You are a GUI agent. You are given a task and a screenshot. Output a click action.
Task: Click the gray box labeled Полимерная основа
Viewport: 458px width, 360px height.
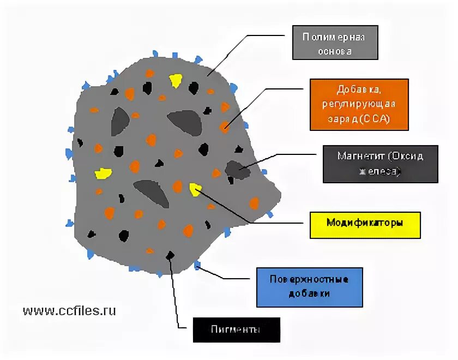click(x=335, y=43)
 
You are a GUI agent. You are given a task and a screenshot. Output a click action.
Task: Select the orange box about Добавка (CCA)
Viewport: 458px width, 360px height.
click(x=359, y=105)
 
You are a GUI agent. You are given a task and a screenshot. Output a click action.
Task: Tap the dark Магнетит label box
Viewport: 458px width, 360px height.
click(x=380, y=164)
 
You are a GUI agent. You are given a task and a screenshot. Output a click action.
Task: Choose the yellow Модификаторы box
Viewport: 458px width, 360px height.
click(x=365, y=224)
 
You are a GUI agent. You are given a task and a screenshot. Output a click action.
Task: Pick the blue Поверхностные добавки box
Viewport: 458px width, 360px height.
click(x=309, y=287)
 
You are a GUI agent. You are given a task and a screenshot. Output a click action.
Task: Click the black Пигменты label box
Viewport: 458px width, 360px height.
click(x=236, y=330)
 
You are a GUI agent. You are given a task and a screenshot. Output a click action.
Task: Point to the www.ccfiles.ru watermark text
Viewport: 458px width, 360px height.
click(x=69, y=310)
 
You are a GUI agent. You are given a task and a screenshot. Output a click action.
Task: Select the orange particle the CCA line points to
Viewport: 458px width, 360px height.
click(x=225, y=127)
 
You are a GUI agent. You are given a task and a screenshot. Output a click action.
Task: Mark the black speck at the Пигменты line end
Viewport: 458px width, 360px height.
click(x=171, y=255)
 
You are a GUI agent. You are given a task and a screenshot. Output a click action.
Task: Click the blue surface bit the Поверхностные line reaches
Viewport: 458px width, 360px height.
click(x=197, y=266)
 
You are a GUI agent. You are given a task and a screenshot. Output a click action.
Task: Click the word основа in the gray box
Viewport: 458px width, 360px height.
click(x=334, y=51)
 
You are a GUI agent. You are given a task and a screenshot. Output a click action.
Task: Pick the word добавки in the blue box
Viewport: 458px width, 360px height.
click(x=309, y=294)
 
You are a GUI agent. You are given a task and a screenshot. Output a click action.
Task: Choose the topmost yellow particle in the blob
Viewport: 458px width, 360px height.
click(x=176, y=81)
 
